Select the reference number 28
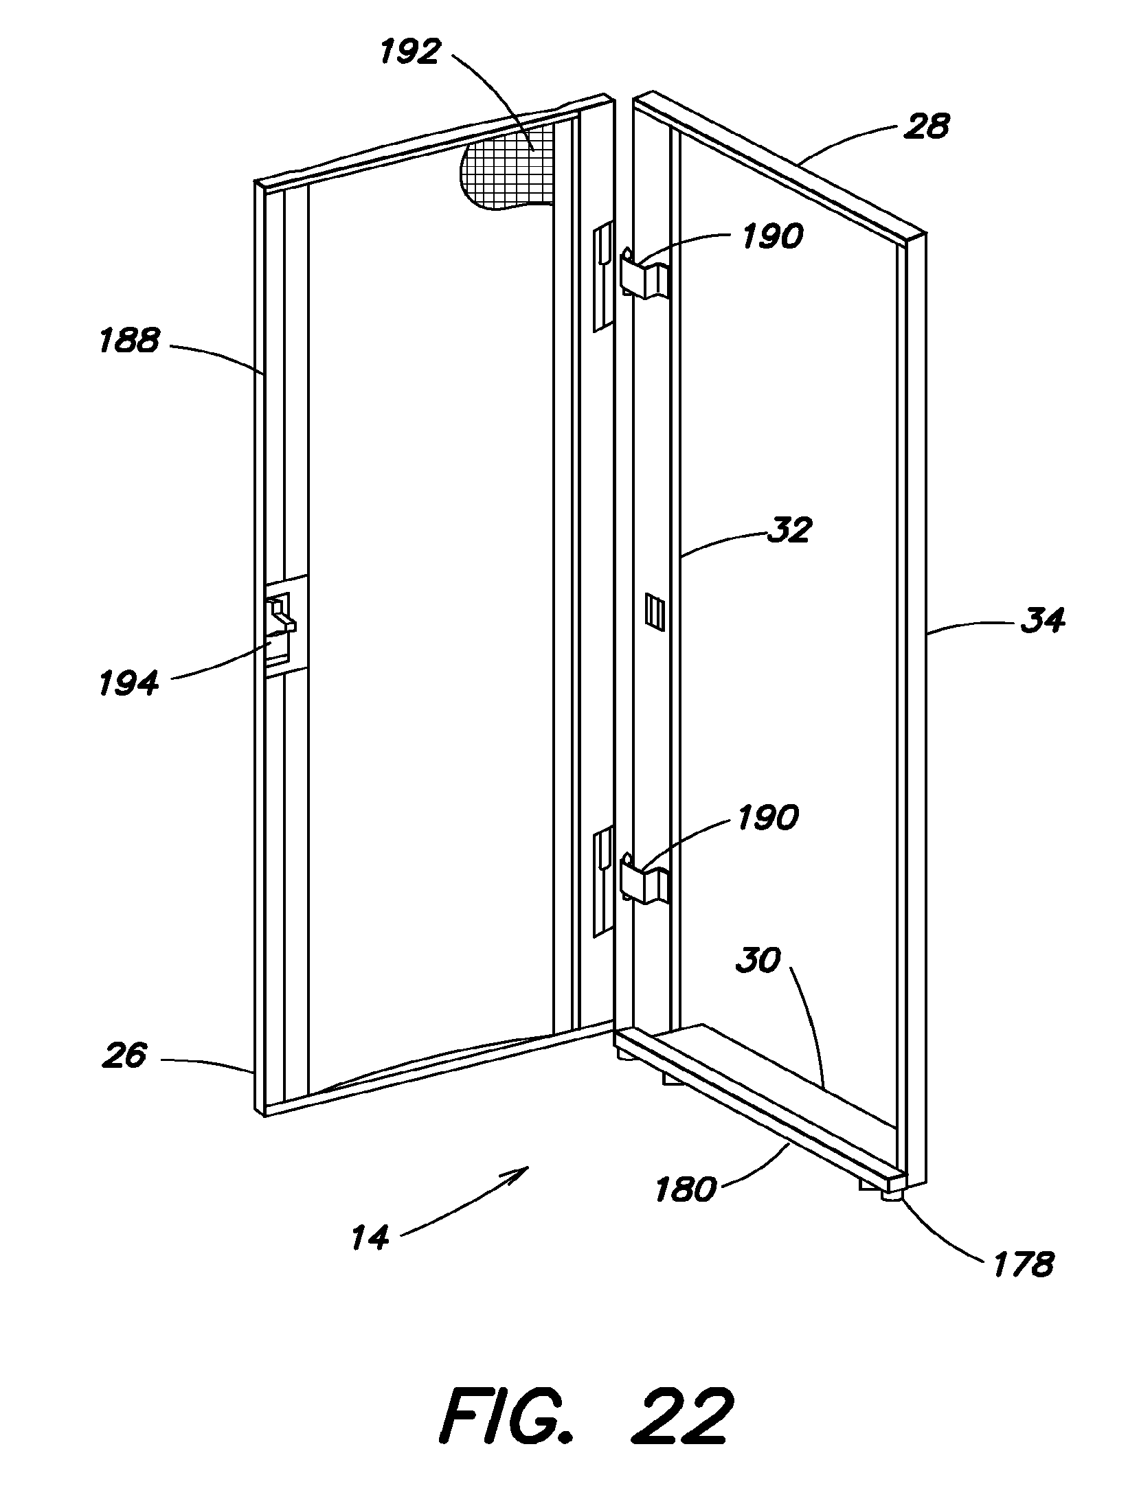click(927, 126)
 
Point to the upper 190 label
click(771, 237)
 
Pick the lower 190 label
click(767, 817)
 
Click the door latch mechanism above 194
click(282, 613)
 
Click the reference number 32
click(790, 530)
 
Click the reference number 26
click(124, 1055)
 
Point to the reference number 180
click(686, 1189)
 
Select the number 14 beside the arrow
click(370, 1237)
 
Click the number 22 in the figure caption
click(681, 1416)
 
